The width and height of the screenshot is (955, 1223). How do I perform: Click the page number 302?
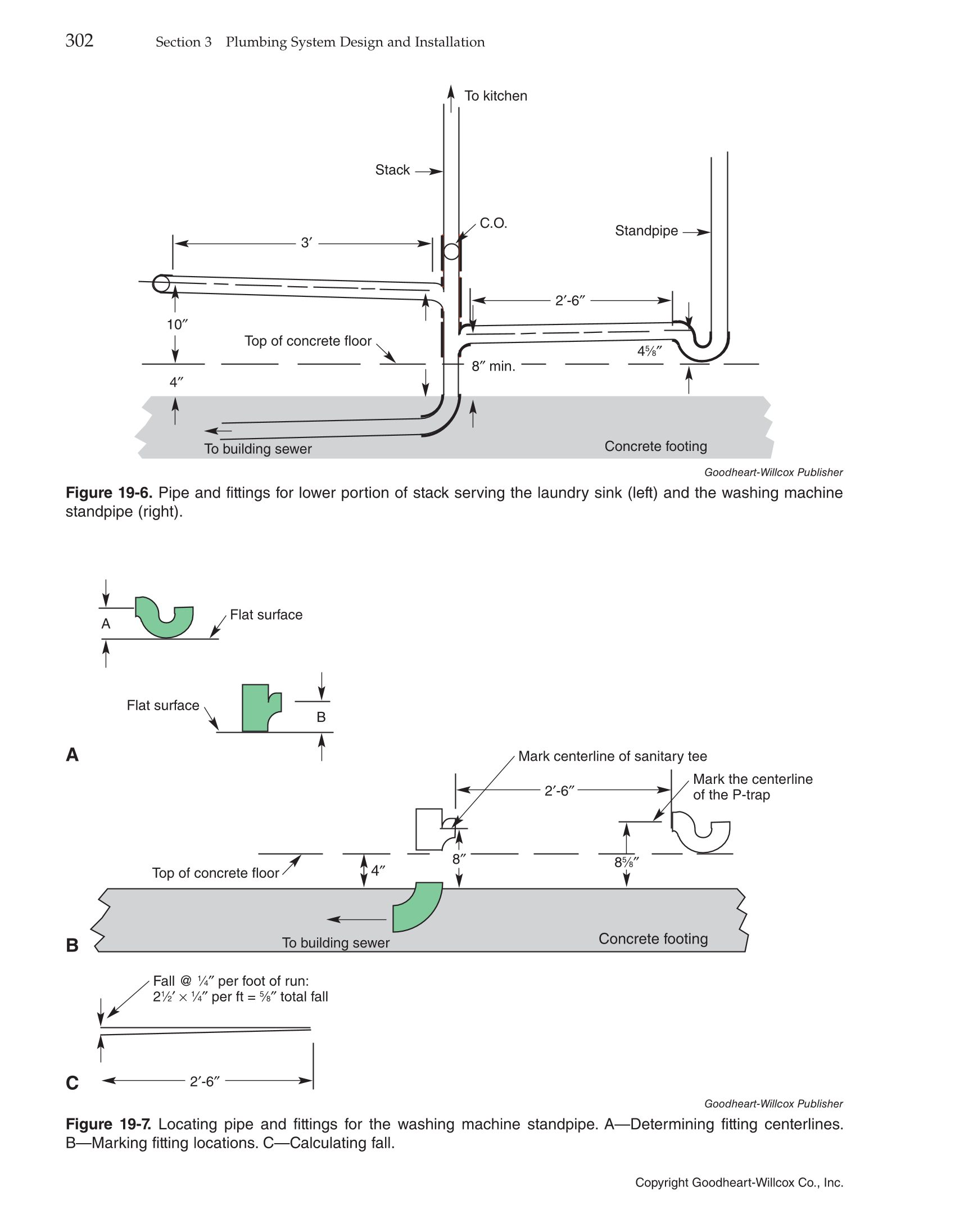[79, 41]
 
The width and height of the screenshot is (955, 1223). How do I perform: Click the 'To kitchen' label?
[495, 96]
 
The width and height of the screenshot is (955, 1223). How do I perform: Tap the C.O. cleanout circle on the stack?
[451, 251]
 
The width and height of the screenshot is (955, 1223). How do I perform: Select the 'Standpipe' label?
[646, 231]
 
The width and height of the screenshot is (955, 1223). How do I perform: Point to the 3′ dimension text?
[306, 243]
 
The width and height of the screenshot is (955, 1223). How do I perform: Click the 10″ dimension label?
[177, 324]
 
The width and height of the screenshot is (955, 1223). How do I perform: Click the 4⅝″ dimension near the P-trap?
[649, 351]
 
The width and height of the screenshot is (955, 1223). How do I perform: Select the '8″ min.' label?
[493, 367]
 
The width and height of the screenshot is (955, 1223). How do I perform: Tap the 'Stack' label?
[392, 170]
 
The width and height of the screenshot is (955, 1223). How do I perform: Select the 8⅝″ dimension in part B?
[626, 862]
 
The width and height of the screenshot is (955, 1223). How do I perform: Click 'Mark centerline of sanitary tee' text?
[612, 756]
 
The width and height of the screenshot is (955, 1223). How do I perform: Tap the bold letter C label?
[73, 1082]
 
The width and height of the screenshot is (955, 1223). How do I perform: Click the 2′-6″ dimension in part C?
[205, 1081]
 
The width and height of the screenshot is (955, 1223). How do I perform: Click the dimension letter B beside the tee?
[321, 717]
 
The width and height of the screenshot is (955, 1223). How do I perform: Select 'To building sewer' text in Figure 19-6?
[258, 449]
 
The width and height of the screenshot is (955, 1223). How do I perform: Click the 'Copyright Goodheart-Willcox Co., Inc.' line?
[739, 1183]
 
